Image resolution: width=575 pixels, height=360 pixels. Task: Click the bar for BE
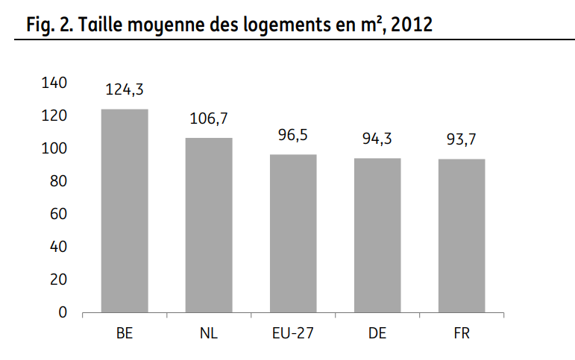[x=125, y=210]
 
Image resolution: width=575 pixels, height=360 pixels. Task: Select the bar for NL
[x=209, y=224]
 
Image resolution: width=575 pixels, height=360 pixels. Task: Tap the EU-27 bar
[x=293, y=233]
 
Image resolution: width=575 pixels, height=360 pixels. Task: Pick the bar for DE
[x=377, y=235]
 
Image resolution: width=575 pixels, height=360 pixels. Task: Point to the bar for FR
[x=462, y=236]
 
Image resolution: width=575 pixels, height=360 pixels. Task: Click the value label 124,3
[x=125, y=90]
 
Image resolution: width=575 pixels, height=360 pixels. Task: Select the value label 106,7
[x=209, y=119]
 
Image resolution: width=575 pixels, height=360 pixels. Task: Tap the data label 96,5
[x=293, y=136]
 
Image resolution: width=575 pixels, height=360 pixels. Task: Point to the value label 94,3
[x=377, y=139]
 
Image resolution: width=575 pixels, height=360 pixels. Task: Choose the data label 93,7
[x=462, y=140]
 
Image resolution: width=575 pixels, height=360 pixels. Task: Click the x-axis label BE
[x=125, y=332]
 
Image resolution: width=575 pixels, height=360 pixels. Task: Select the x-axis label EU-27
[x=293, y=332]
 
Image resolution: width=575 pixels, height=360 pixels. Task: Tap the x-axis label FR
[x=462, y=332]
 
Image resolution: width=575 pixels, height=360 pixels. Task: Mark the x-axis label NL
[x=209, y=332]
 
